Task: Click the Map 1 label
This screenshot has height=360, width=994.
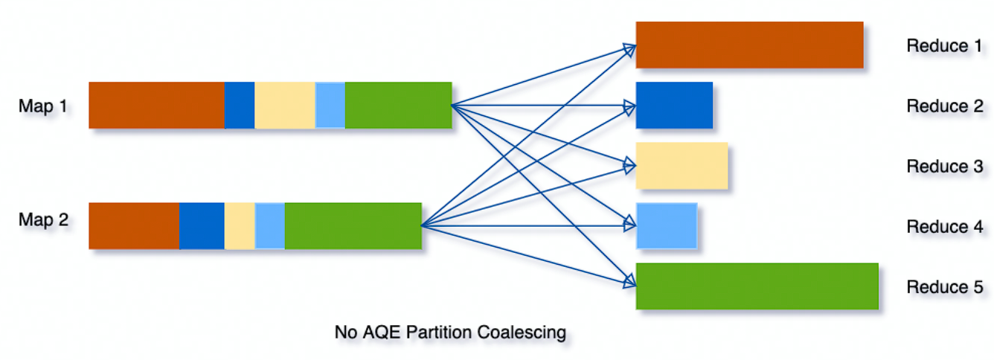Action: coord(42,106)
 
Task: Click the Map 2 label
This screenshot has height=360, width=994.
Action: coord(42,221)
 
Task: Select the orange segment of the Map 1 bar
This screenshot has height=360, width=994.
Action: coord(156,105)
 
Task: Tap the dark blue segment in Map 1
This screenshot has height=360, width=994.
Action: coord(239,105)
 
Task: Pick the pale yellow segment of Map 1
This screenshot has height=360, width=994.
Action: coord(284,105)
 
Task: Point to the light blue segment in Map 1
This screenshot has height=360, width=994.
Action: coord(330,105)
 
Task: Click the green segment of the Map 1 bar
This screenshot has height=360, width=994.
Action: coord(398,105)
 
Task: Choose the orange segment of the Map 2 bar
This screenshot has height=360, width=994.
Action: coord(134,225)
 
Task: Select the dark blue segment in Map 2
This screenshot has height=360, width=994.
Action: coord(202,225)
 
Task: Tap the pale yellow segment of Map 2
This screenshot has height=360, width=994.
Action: coord(239,225)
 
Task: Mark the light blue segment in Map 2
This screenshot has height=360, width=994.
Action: coord(269,225)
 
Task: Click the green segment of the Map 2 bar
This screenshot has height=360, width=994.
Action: coord(353,225)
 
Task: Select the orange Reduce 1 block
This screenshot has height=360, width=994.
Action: coord(749,45)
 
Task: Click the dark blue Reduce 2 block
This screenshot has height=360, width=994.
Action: coord(674,105)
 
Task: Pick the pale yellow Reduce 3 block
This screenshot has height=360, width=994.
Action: coord(682,165)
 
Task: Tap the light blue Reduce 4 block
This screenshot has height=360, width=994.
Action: coord(667,225)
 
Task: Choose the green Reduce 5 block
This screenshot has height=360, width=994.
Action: coord(757,286)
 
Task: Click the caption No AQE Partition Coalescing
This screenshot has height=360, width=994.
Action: coord(450,332)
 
